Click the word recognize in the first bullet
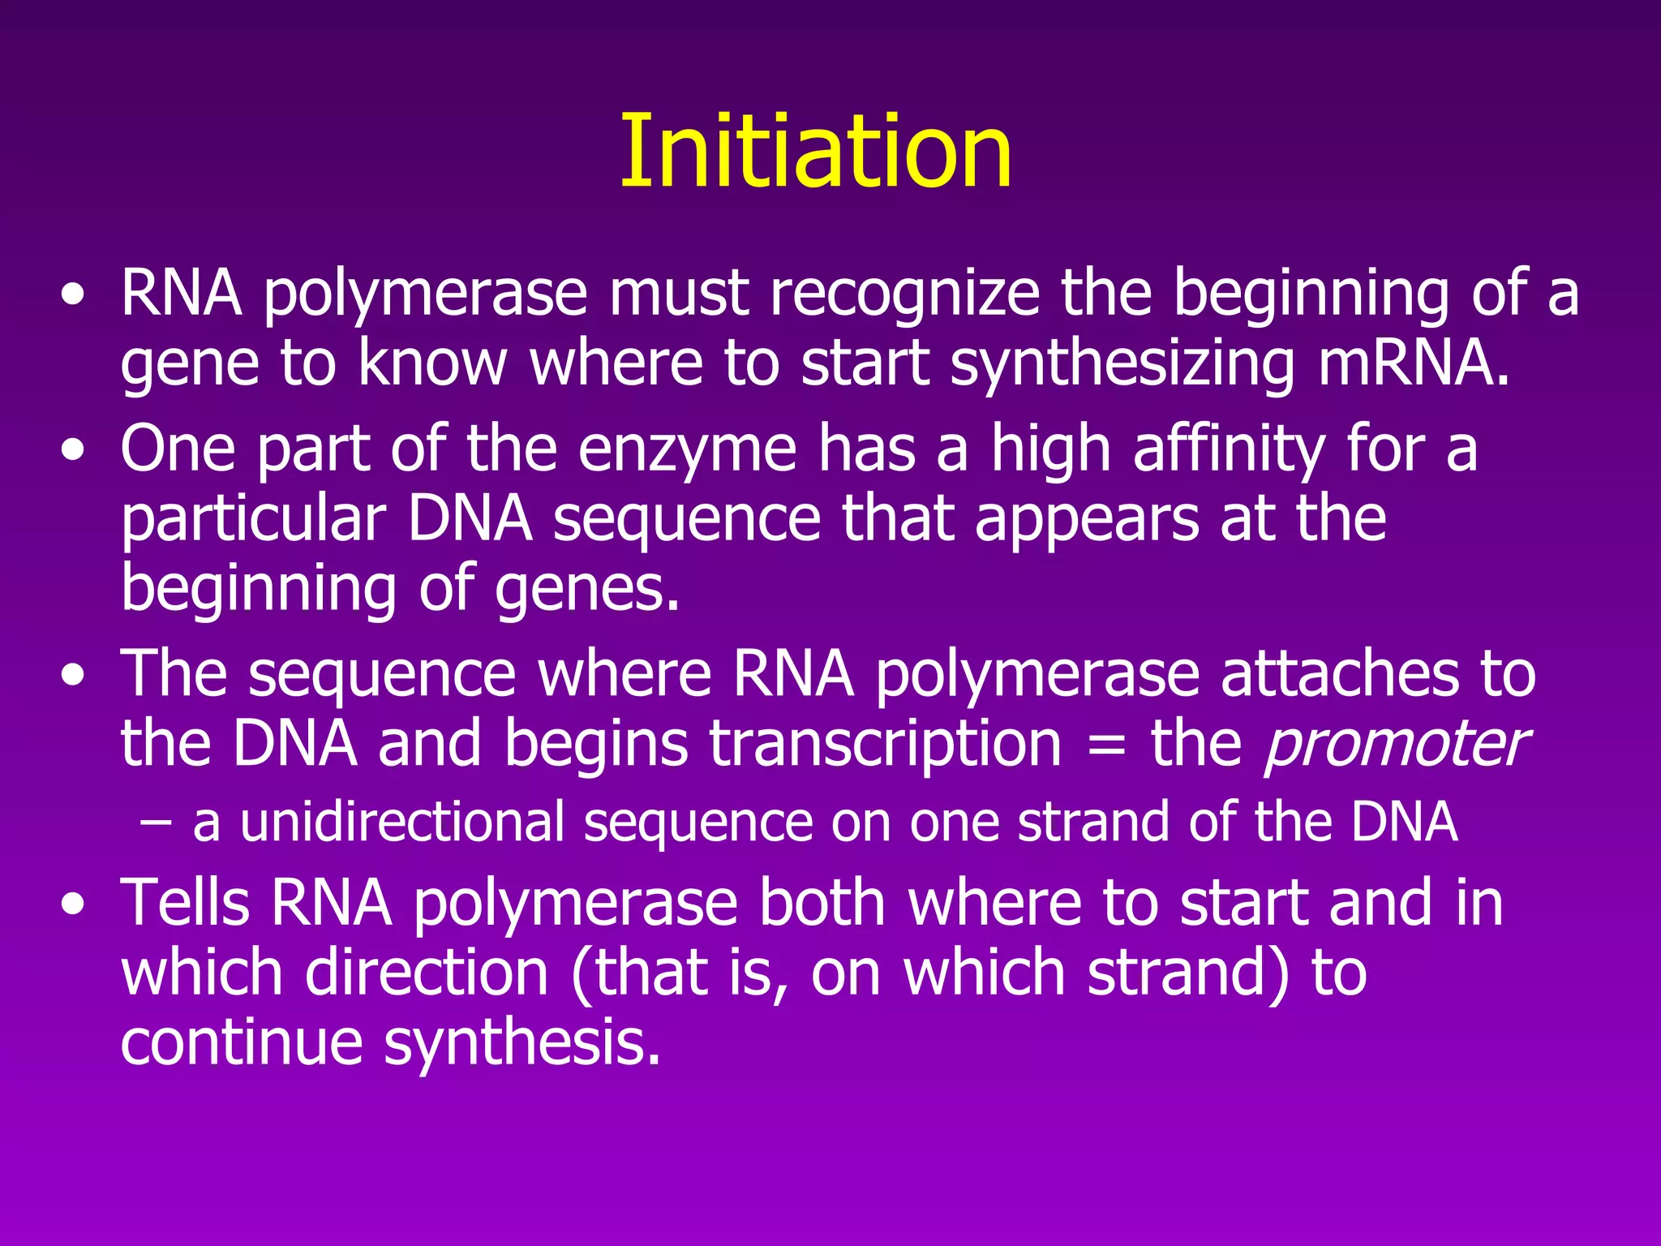click(x=904, y=294)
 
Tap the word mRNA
click(x=1414, y=363)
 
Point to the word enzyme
click(x=687, y=450)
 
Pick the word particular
click(x=253, y=520)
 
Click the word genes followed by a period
click(x=586, y=590)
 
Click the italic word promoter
click(x=1395, y=745)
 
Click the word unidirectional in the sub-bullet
click(x=402, y=822)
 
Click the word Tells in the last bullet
click(x=185, y=903)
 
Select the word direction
click(x=427, y=973)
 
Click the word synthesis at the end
click(x=521, y=1043)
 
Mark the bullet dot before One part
click(x=72, y=451)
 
